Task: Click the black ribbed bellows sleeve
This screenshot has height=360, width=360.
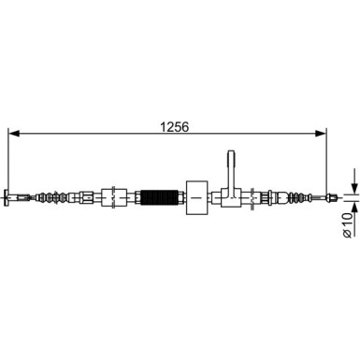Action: coord(162,197)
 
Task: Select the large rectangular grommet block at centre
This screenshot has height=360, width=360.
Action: coord(197,197)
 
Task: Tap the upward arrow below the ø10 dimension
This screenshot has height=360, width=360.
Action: coord(353,209)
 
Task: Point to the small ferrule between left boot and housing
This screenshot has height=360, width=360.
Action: coord(85,197)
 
